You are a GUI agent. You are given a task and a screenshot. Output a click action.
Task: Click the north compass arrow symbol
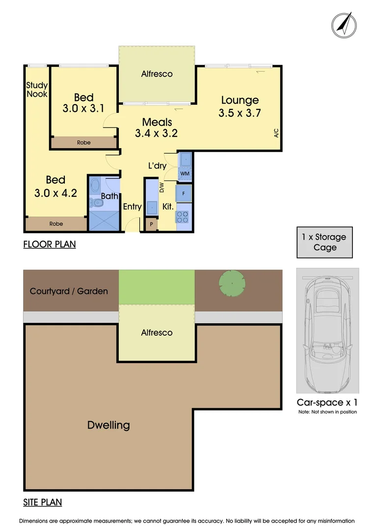(x=344, y=25)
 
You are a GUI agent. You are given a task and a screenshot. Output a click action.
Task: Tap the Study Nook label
(x=37, y=90)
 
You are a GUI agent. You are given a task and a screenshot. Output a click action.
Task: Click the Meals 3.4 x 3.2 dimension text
(x=157, y=128)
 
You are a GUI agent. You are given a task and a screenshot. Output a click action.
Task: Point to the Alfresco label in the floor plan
(x=157, y=74)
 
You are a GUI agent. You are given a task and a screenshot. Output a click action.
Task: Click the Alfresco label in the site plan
(x=157, y=333)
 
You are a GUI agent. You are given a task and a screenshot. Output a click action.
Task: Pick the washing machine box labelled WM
(x=185, y=173)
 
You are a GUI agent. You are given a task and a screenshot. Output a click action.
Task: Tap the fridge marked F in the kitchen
(x=184, y=193)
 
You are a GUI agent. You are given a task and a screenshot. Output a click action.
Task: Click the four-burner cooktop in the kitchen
(x=183, y=217)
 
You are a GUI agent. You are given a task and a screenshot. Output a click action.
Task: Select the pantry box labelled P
(x=152, y=224)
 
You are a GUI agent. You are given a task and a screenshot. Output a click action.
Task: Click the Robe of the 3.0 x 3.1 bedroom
(x=84, y=142)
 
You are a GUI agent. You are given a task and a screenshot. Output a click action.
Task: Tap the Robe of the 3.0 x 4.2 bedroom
(x=56, y=224)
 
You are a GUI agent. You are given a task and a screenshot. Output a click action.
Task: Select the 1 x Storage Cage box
(x=324, y=242)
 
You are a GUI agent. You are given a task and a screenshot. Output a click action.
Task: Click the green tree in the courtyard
(x=232, y=283)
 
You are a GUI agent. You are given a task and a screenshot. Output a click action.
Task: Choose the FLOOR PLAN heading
(x=50, y=244)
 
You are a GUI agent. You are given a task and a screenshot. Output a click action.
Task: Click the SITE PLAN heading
(x=43, y=503)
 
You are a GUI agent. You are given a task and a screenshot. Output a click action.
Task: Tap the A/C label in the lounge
(x=276, y=133)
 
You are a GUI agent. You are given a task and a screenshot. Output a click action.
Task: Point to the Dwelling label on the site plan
(x=108, y=425)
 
